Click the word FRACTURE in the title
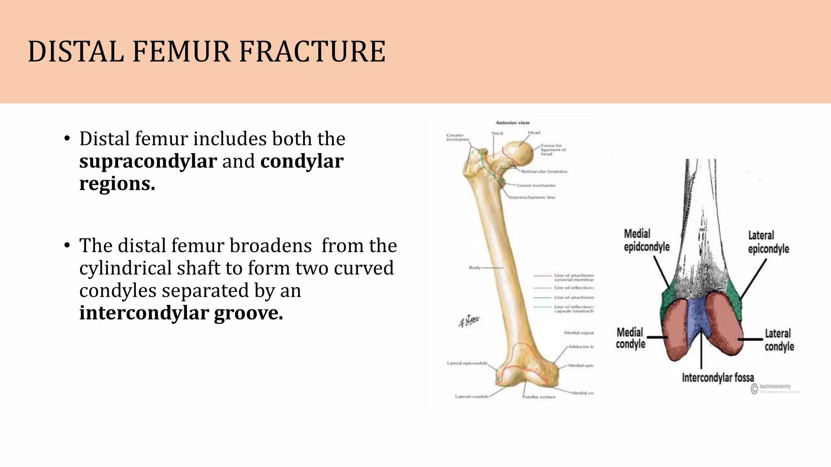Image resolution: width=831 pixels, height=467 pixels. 312,52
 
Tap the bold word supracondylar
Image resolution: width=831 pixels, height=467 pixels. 148,161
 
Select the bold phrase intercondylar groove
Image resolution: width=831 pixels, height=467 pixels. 181,313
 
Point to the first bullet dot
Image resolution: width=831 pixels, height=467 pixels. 67,139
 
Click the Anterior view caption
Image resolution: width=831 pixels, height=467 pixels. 512,122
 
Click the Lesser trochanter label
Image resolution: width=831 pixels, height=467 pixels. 536,185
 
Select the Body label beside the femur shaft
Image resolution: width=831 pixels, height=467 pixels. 474,268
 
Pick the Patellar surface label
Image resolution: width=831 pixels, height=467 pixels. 538,397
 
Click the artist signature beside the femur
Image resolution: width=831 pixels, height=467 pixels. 469,322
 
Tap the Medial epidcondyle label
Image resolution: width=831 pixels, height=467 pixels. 646,240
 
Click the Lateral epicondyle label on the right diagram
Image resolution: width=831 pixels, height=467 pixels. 768,242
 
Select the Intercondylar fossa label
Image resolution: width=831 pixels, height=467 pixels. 717,378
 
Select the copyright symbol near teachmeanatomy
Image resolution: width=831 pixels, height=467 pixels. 754,388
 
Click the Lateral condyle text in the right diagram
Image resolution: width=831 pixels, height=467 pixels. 779,340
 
